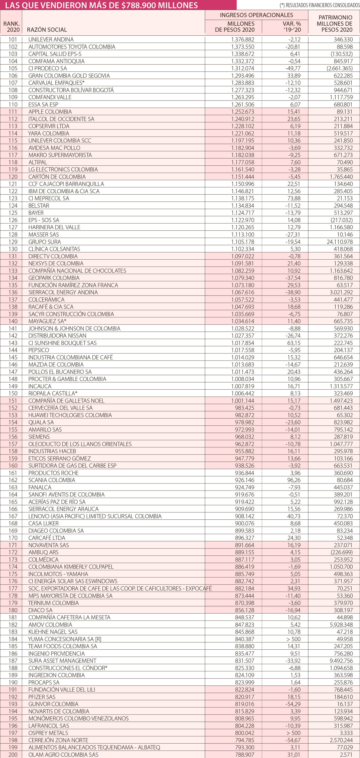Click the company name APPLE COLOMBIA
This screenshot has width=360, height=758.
pyautogui.click(x=50, y=112)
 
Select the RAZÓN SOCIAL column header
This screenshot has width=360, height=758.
pyautogui.click(x=47, y=30)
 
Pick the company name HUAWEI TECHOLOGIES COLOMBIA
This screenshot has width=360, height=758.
pyautogui.click(x=70, y=415)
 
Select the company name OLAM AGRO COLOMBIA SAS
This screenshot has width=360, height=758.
pyautogui.click(x=63, y=754)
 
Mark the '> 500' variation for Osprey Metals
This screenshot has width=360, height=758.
pyautogui.click(x=293, y=733)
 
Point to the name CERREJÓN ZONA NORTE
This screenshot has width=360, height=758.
pyautogui.click(x=58, y=740)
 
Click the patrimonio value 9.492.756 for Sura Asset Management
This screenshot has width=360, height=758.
pyautogui.click(x=341, y=661)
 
